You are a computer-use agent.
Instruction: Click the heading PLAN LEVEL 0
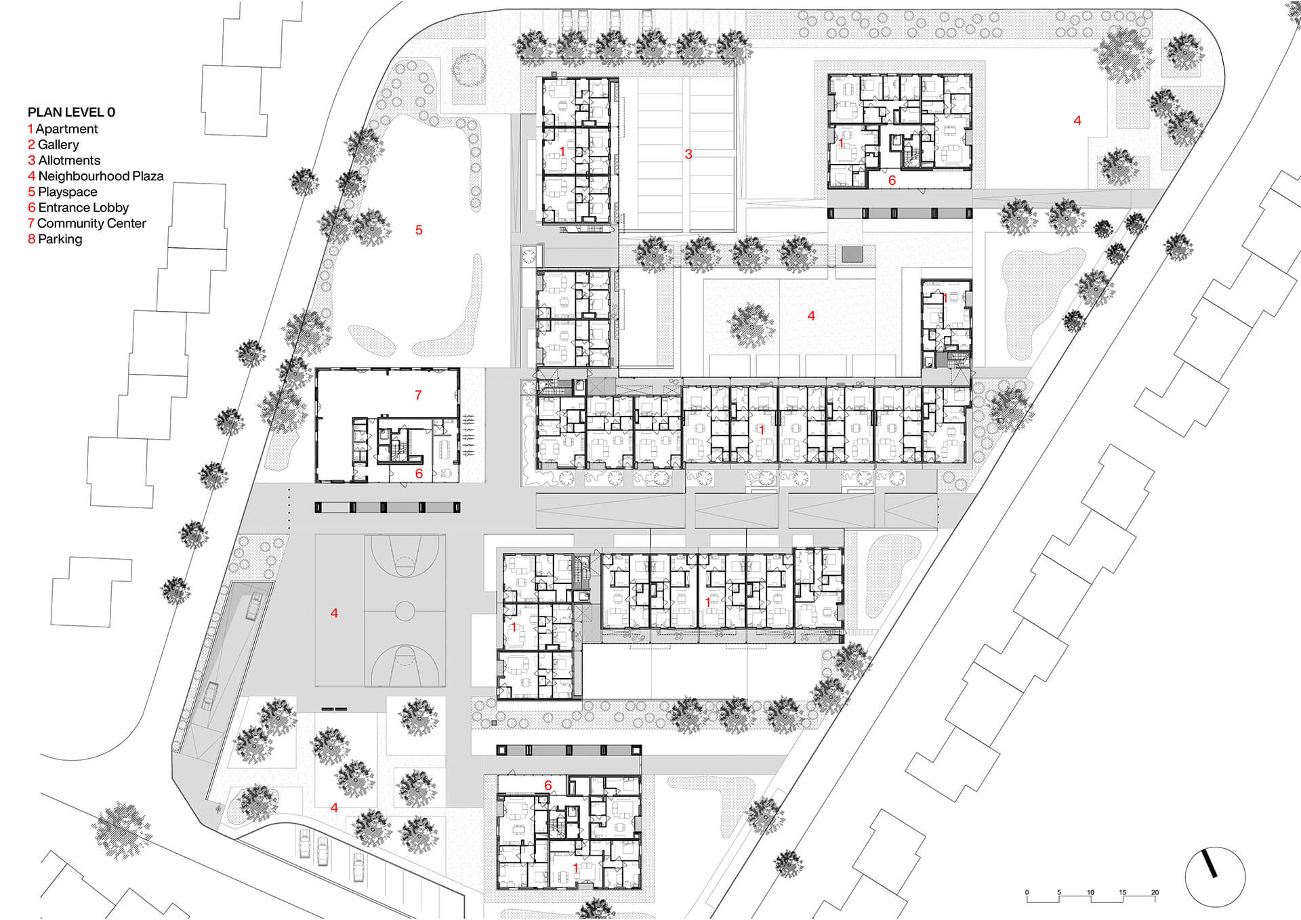71,112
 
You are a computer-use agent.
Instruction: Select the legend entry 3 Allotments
64,161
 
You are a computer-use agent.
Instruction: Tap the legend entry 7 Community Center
87,224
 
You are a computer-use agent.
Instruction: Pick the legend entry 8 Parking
55,239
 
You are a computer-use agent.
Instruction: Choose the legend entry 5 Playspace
62,192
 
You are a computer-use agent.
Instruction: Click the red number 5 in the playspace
419,230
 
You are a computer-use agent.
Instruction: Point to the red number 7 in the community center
418,395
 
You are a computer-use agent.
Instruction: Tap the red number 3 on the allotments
688,154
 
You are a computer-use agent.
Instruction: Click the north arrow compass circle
1215,877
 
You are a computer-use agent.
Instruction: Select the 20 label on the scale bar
1155,892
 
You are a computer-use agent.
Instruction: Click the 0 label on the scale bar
1027,892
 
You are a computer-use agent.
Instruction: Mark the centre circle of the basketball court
405,611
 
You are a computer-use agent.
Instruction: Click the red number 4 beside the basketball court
334,613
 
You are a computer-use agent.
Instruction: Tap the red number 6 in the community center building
419,474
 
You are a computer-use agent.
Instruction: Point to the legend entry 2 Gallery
54,145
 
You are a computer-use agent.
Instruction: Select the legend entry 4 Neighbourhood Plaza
96,176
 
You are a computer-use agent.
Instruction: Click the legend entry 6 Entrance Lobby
78,208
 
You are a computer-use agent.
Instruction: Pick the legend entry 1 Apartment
63,129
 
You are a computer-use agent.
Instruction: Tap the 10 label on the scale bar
1090,892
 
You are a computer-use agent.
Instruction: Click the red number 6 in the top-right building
892,180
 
